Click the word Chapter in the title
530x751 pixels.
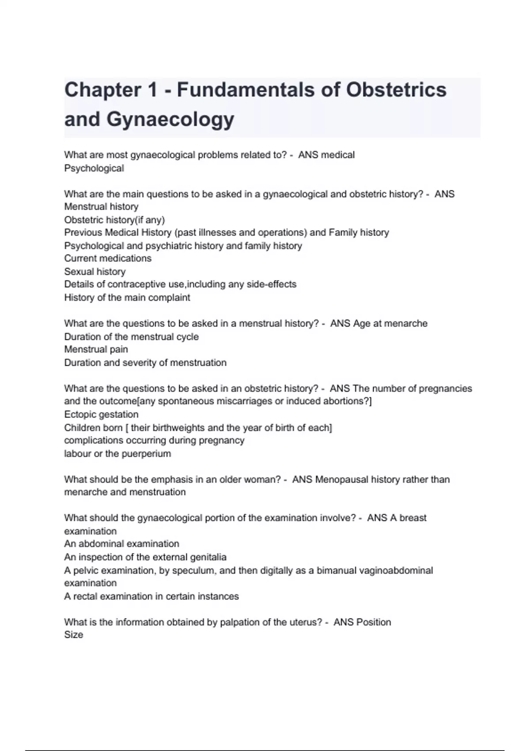click(x=97, y=90)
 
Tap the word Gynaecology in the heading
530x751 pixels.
click(x=170, y=119)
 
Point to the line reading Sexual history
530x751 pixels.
click(x=95, y=271)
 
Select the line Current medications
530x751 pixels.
click(x=108, y=258)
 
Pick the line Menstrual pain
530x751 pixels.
click(x=96, y=349)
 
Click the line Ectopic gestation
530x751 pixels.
click(x=101, y=414)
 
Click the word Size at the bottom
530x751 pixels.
click(x=73, y=635)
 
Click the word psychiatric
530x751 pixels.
click(x=167, y=246)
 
